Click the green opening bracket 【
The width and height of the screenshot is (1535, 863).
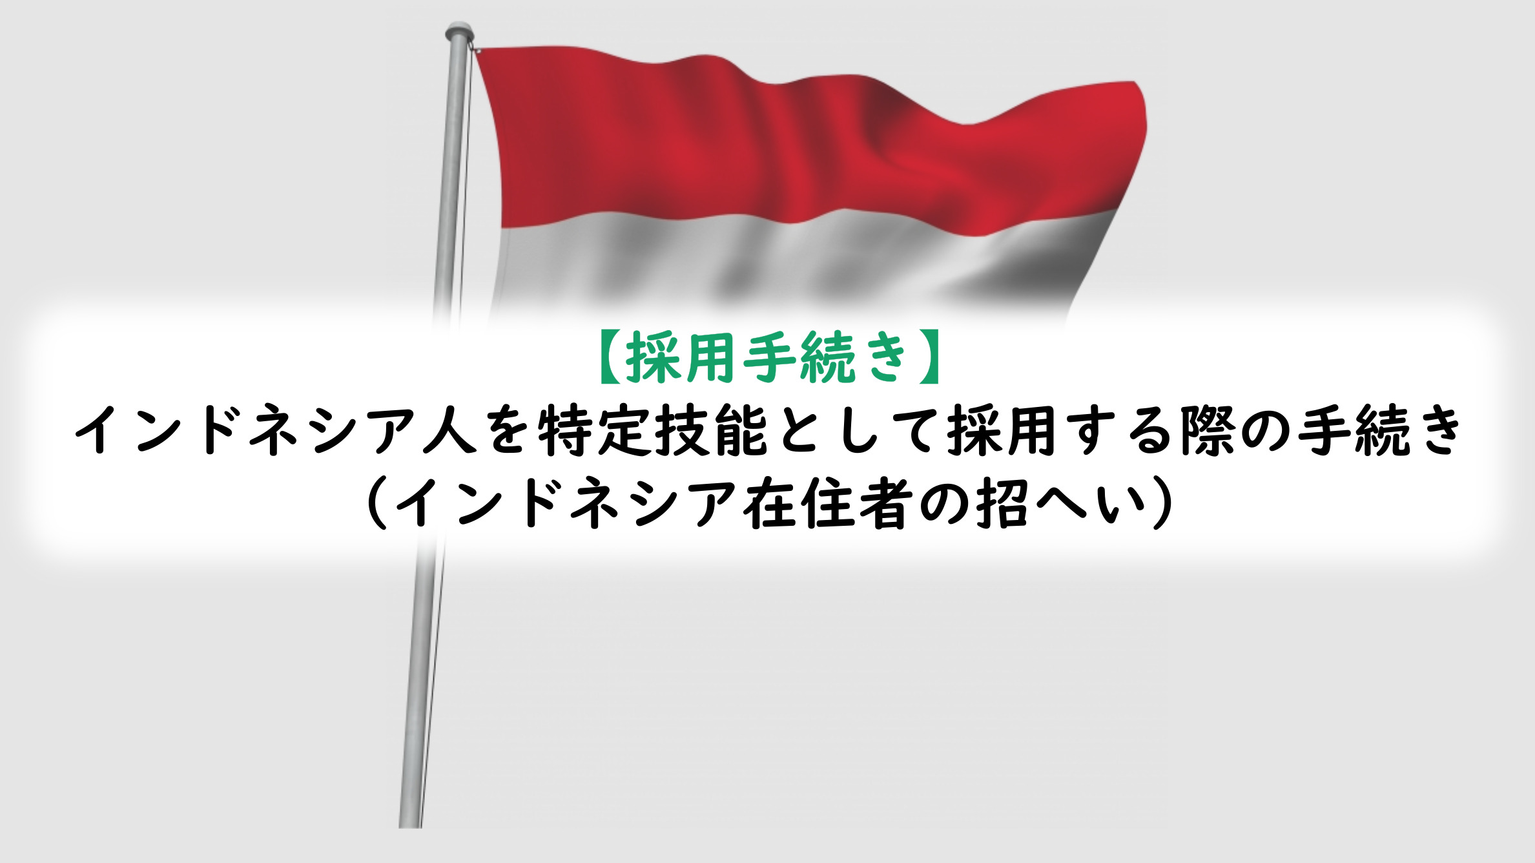(x=611, y=357)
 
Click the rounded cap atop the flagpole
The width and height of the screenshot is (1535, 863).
(x=459, y=30)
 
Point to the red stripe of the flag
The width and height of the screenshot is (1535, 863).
(x=807, y=149)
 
